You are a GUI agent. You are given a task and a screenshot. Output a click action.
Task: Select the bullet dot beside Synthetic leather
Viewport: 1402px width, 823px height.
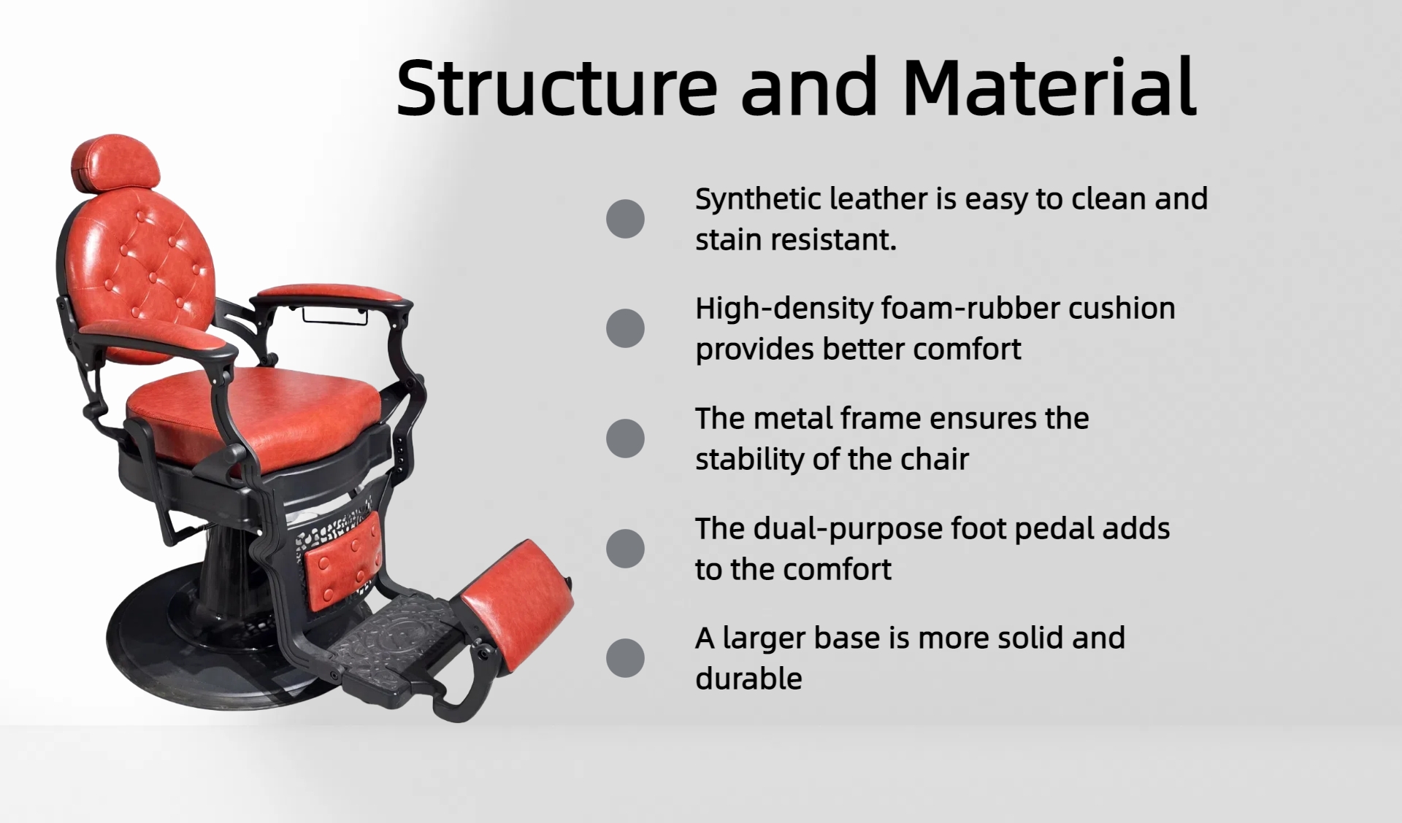click(x=625, y=219)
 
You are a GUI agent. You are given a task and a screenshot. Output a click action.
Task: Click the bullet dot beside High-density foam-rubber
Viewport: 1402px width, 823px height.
click(x=625, y=328)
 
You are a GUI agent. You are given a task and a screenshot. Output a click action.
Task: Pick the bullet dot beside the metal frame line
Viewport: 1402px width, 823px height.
click(x=625, y=438)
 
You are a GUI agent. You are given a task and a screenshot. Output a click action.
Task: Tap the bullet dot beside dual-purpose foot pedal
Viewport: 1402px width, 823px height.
click(x=625, y=549)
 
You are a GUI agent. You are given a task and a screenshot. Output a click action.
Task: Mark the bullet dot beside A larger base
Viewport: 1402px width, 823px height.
click(x=625, y=658)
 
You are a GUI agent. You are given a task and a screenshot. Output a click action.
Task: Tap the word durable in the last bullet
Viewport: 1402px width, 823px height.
click(x=748, y=679)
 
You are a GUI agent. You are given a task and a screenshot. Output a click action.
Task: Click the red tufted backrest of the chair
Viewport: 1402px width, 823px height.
click(x=146, y=270)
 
